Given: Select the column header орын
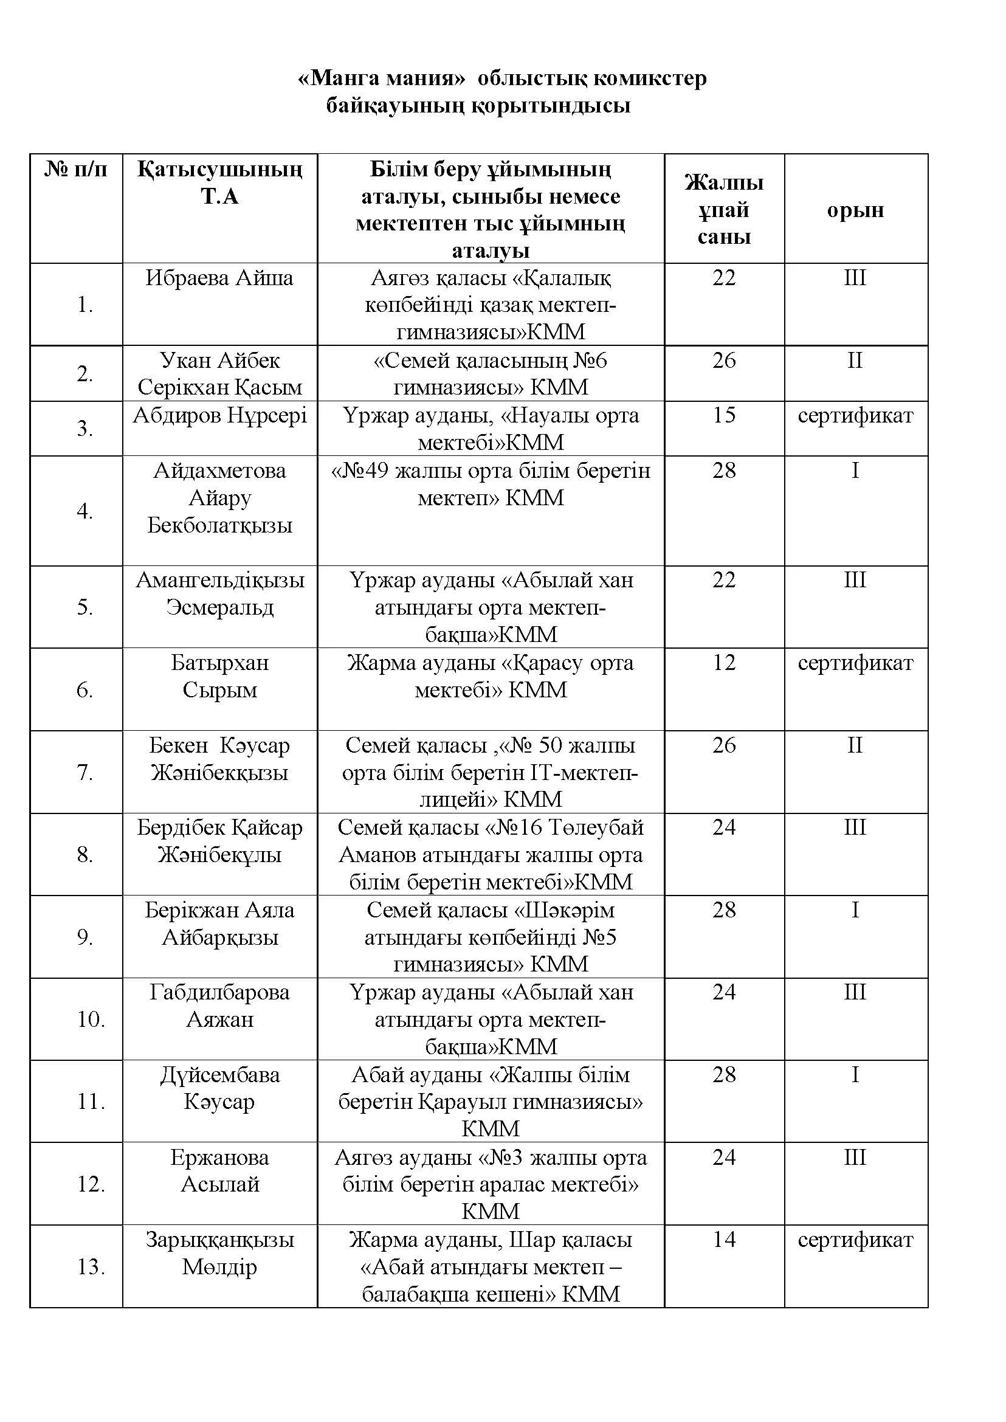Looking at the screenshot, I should tap(855, 210).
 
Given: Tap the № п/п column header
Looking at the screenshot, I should tap(75, 169).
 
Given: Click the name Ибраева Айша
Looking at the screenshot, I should tap(219, 278).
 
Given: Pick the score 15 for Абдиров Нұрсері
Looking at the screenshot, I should tap(723, 415).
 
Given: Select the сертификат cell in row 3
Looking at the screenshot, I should tap(855, 415).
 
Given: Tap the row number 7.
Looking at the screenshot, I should tap(85, 773).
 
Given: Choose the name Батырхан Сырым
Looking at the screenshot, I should tap(219, 676).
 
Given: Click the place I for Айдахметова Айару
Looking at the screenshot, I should tap(855, 471).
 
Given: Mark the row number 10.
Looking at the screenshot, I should tap(91, 1020).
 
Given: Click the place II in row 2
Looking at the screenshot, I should tap(855, 360).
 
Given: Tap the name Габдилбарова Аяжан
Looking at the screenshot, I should tap(219, 1006).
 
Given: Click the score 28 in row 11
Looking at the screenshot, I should tap(723, 1074).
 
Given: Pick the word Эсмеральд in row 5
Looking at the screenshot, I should tap(219, 607).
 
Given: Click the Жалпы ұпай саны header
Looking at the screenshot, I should tap(723, 210).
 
